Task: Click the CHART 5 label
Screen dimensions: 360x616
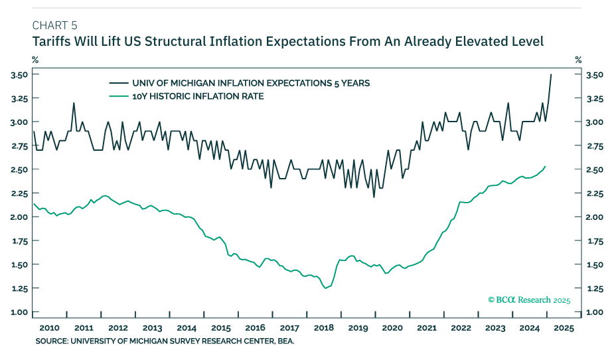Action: pos(54,25)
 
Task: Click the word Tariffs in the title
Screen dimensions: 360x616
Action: pos(51,41)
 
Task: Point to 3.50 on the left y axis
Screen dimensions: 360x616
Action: pos(19,74)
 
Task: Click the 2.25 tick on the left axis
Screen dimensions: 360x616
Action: pos(19,193)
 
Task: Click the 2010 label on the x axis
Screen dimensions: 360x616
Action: pos(50,328)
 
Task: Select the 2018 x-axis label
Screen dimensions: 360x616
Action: pos(325,328)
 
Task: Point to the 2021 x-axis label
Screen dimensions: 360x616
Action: pos(427,328)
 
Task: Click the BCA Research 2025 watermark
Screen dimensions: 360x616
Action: pos(529,300)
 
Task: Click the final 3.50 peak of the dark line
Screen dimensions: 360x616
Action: pos(551,74)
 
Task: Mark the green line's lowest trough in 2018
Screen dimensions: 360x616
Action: pos(326,288)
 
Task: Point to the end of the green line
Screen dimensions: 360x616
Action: pos(546,166)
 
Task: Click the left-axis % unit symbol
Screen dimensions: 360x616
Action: pos(35,60)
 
